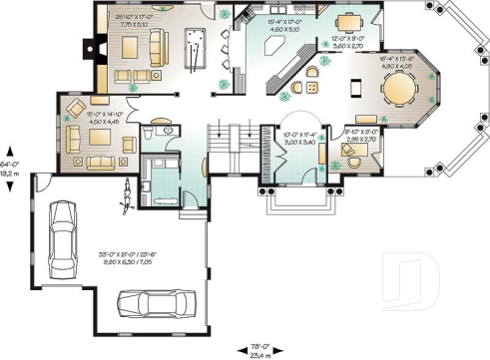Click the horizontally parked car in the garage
(149, 301)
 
